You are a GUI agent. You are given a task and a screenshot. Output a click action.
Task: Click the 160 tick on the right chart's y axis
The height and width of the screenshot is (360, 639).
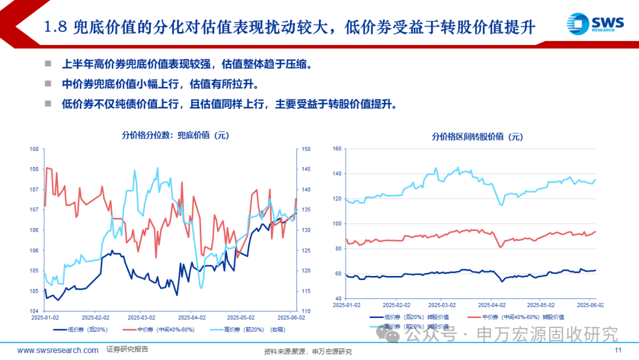[337, 149]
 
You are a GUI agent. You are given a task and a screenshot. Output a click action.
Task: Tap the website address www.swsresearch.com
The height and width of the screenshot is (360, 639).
[57, 351]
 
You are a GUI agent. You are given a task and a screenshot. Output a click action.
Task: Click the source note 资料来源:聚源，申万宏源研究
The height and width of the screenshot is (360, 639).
[308, 352]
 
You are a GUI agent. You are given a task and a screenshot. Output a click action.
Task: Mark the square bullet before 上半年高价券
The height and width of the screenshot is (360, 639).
[49, 64]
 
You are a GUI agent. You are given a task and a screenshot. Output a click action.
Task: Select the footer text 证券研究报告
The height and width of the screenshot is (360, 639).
[127, 350]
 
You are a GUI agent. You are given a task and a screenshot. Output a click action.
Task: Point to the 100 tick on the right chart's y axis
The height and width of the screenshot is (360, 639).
[337, 224]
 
